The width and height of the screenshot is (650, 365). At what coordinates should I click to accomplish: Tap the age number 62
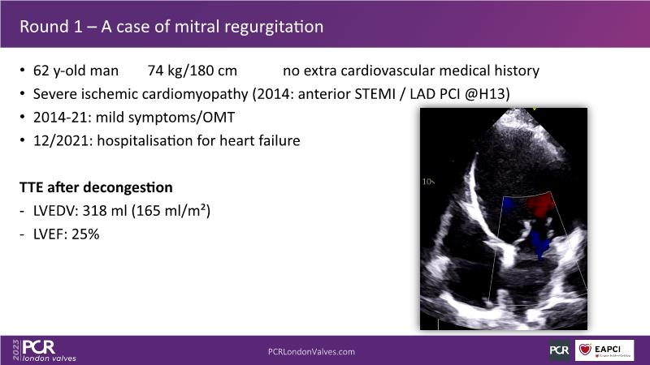pyautogui.click(x=41, y=71)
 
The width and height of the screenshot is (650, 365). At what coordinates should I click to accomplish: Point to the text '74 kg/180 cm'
pyautogui.click(x=193, y=71)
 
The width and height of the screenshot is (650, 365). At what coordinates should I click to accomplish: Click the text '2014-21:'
pyautogui.click(x=63, y=118)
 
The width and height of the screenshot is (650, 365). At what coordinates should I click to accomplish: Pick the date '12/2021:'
pyautogui.click(x=63, y=140)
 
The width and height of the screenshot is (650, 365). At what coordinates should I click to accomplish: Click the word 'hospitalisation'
pyautogui.click(x=145, y=141)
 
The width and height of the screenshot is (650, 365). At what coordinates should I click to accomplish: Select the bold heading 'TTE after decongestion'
pyautogui.click(x=96, y=187)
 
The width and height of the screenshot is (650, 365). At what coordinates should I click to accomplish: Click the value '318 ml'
pyautogui.click(x=105, y=211)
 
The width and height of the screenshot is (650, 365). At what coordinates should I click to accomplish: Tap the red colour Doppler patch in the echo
pyautogui.click(x=541, y=205)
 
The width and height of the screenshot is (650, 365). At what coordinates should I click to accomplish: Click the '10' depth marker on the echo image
pyautogui.click(x=427, y=182)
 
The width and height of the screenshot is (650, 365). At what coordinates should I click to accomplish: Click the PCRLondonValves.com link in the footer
pyautogui.click(x=311, y=352)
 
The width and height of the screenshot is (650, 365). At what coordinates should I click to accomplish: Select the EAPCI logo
pyautogui.click(x=604, y=350)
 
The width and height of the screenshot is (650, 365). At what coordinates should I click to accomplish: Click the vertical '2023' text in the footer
pyautogui.click(x=16, y=350)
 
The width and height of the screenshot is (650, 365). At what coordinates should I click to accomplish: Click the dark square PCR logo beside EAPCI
pyautogui.click(x=559, y=350)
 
